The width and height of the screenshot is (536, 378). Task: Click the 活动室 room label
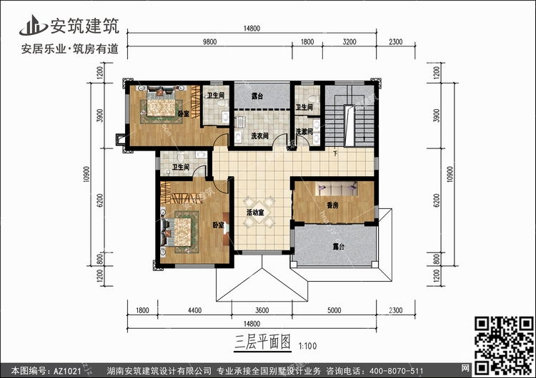(x=255, y=213)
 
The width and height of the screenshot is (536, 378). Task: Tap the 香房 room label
(x=332, y=205)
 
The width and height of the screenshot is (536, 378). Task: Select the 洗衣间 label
(x=260, y=136)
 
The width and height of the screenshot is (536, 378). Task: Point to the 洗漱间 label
(x=304, y=131)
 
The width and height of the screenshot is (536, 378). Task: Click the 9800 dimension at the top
(x=209, y=41)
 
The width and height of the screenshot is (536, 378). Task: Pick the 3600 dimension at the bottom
(x=262, y=310)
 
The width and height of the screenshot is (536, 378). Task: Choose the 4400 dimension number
(x=194, y=310)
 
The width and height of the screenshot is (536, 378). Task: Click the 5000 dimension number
(x=334, y=310)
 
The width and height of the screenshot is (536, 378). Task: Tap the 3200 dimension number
(x=349, y=41)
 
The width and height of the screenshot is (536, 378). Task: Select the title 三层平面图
(x=262, y=342)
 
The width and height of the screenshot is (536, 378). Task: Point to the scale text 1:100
(x=307, y=346)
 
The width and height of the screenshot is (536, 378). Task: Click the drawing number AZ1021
(x=66, y=371)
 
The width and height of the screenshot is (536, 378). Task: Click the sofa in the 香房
(x=337, y=188)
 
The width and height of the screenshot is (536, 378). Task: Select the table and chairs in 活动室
(x=259, y=213)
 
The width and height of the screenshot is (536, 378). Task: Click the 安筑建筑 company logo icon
(x=34, y=26)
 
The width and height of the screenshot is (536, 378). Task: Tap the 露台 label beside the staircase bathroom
(x=257, y=96)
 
